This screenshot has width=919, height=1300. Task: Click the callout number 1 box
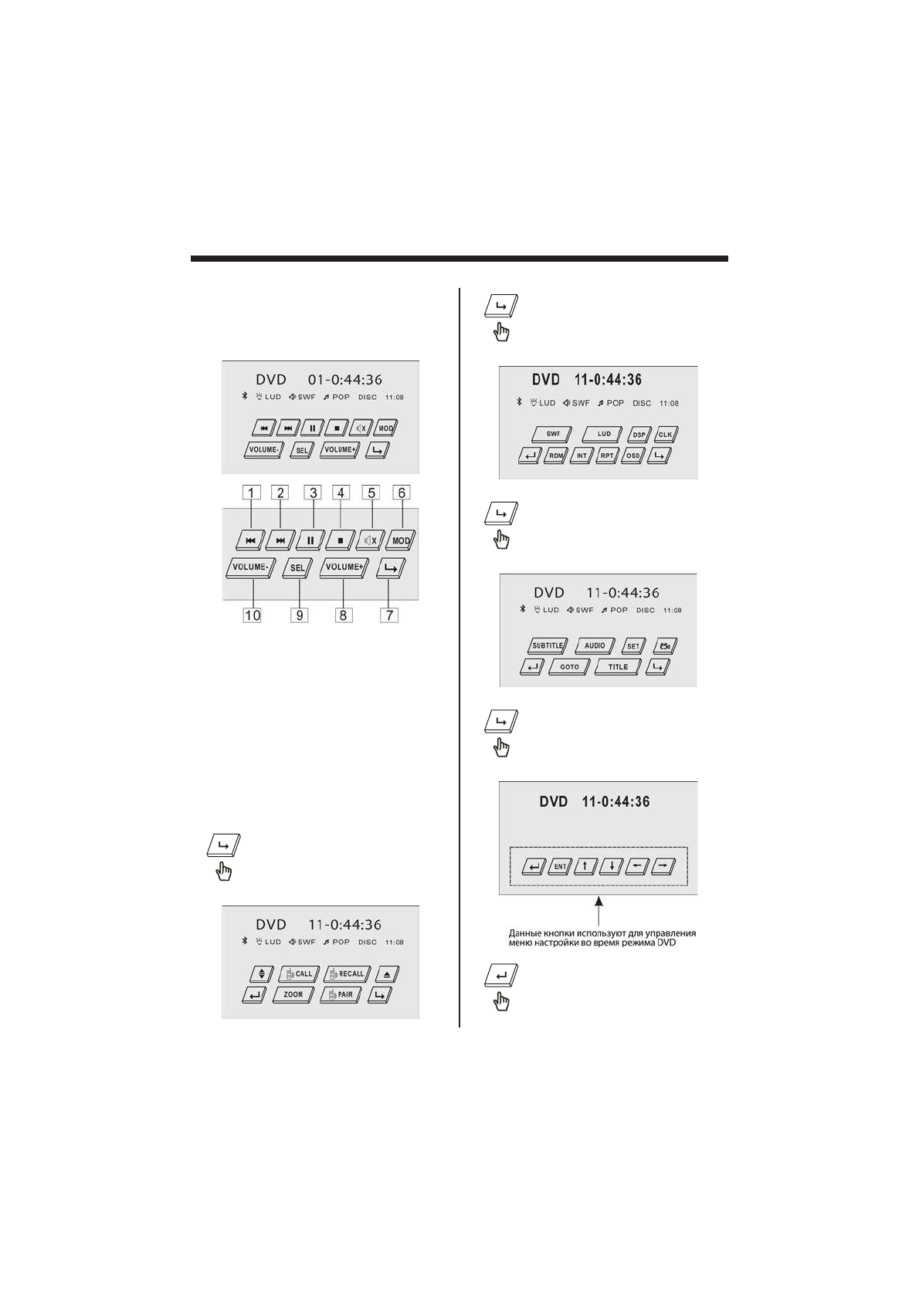tap(251, 493)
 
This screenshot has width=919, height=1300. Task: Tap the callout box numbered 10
tap(252, 615)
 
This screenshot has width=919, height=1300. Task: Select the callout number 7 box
tap(390, 615)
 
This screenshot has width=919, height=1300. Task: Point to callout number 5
tap(371, 493)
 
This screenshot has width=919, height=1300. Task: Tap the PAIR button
tap(341, 995)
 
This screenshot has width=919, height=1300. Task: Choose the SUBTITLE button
tap(548, 646)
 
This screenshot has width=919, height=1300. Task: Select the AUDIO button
tap(595, 646)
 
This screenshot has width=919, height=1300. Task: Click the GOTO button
tap(569, 667)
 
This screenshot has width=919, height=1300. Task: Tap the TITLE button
tap(618, 667)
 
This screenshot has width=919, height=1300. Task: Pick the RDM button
tap(555, 455)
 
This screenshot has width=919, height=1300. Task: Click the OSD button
tap(632, 455)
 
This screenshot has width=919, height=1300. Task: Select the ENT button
tap(560, 866)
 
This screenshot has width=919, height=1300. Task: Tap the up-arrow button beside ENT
tap(585, 866)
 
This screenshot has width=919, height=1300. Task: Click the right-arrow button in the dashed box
tap(663, 866)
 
